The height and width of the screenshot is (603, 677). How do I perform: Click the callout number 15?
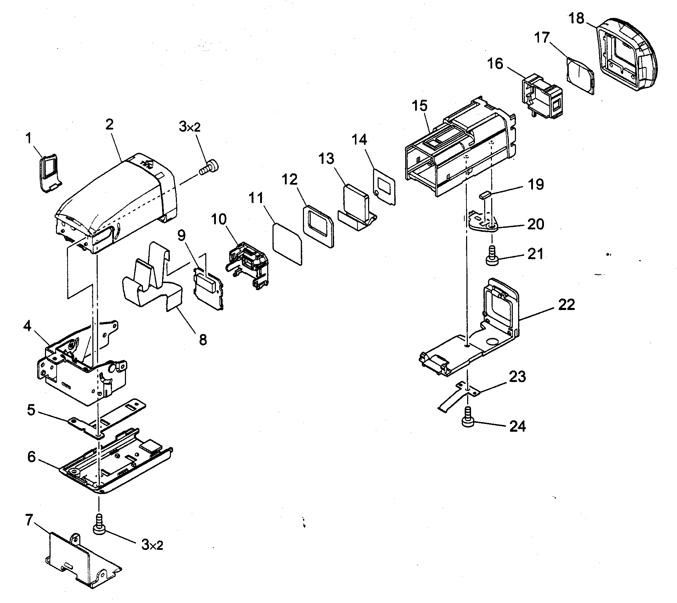(420, 106)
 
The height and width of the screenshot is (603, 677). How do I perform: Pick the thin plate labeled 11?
(287, 243)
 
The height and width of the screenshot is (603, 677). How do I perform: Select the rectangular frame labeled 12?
(318, 225)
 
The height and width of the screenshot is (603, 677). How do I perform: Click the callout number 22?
(566, 304)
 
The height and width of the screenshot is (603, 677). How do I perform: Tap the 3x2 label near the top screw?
(190, 127)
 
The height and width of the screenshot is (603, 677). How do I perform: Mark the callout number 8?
(203, 340)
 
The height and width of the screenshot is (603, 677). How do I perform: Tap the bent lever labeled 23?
(457, 396)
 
